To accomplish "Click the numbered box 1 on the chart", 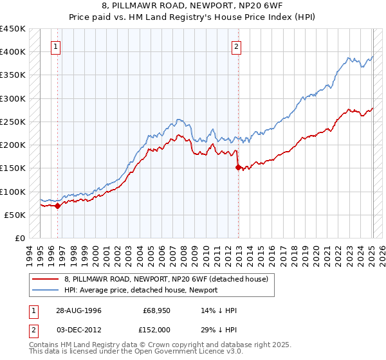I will [x=57, y=46].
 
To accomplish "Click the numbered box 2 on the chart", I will [x=237, y=46].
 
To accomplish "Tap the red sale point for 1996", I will [x=57, y=206].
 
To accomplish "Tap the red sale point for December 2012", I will [x=239, y=167].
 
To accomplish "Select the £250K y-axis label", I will [x=13, y=122].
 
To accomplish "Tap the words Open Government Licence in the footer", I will [x=198, y=352].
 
